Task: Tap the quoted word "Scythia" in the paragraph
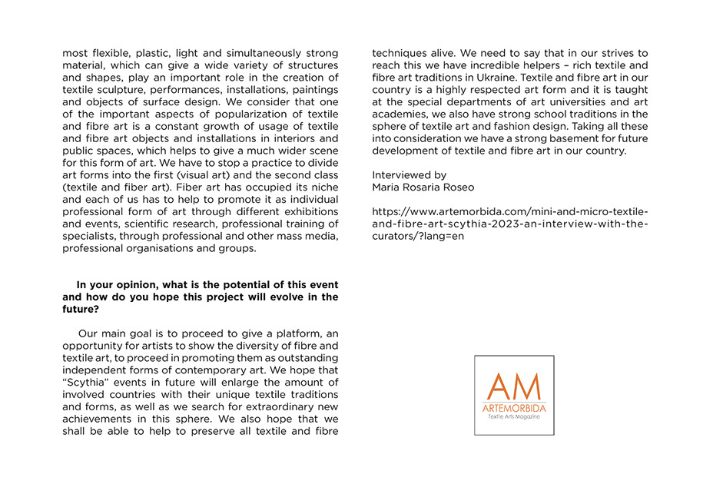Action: pyautogui.click(x=88, y=382)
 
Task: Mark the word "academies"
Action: pyautogui.click(x=402, y=114)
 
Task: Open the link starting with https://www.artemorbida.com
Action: pyautogui.click(x=509, y=224)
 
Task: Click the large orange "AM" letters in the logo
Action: pyautogui.click(x=514, y=386)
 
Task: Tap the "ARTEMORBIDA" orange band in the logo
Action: pyautogui.click(x=514, y=407)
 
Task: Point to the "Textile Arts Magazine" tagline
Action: pyautogui.click(x=514, y=416)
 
